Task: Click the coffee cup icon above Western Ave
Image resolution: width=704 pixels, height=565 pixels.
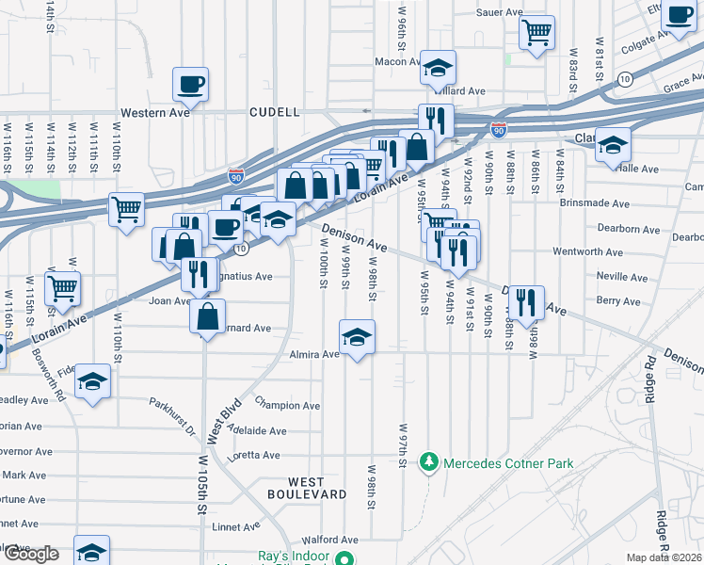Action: point(190,83)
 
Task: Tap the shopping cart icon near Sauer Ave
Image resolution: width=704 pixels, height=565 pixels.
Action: point(536,31)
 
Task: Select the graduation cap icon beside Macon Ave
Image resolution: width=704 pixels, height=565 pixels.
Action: point(438,66)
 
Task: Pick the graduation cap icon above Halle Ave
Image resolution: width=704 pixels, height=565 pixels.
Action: point(613,144)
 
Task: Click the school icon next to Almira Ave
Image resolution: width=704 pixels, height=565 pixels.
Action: point(357,336)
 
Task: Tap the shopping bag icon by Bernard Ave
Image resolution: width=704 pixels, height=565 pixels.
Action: point(207,315)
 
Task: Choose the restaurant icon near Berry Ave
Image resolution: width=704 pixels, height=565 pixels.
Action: point(525,301)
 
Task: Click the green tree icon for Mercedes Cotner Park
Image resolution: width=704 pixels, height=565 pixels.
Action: point(430,462)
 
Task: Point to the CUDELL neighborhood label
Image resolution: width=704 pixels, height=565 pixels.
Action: point(275,112)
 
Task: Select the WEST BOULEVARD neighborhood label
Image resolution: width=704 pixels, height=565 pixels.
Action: point(306,487)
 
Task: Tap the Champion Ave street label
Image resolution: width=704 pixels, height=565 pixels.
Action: point(286,406)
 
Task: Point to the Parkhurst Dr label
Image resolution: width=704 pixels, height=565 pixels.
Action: point(170,416)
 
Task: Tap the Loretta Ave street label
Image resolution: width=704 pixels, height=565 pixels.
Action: point(257,456)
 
